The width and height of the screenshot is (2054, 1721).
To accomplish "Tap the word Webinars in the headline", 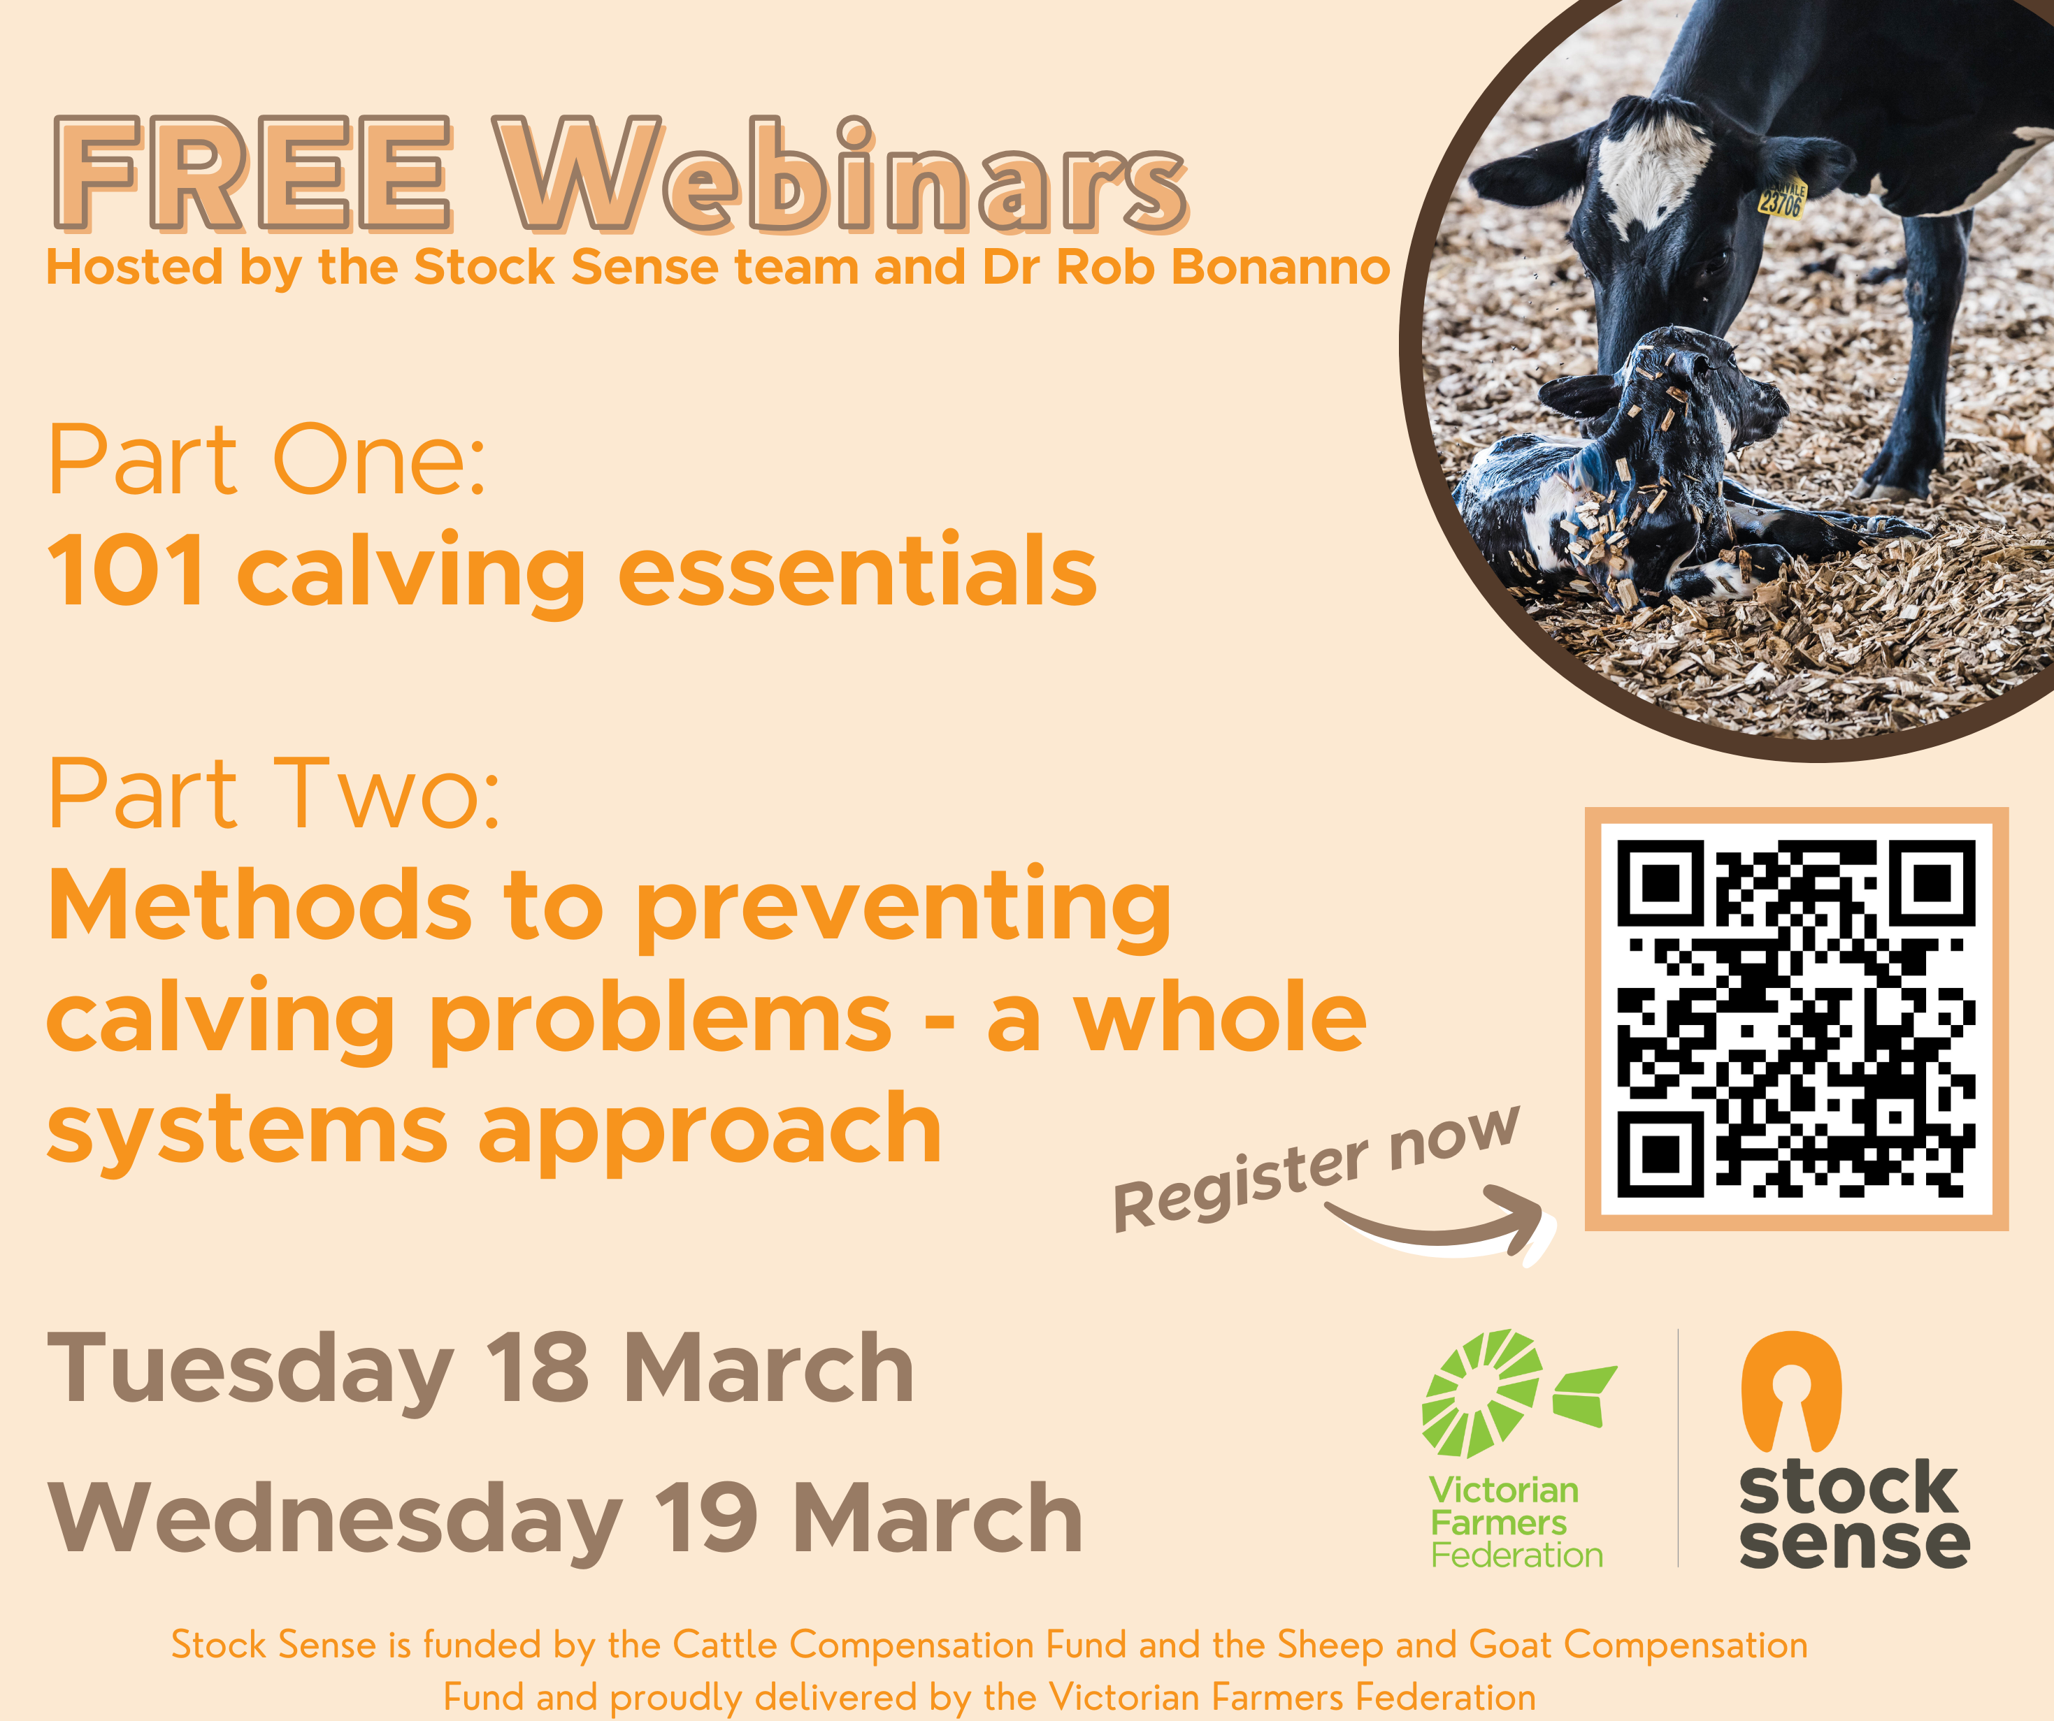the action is (841, 174).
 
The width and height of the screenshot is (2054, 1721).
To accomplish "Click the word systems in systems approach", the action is (247, 1131).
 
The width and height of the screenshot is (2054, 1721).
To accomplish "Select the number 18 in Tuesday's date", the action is (538, 1369).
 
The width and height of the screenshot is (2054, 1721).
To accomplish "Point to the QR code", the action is (1796, 1019).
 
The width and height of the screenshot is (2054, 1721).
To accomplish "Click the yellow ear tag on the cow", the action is (1783, 198).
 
